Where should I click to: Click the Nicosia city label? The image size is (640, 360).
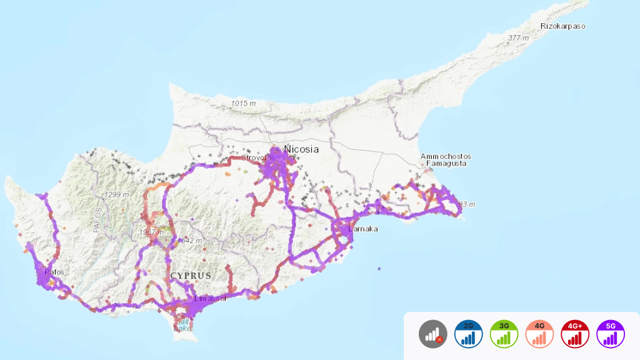click(301, 149)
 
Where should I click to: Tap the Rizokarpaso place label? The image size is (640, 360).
click(563, 26)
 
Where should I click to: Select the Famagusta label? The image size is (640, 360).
click(446, 164)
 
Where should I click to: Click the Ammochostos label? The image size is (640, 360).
click(446, 156)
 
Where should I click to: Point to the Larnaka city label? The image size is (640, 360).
click(363, 229)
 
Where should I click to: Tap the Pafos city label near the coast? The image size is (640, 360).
click(54, 272)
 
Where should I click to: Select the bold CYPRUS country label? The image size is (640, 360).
click(191, 276)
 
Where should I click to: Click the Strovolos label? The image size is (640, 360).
click(259, 157)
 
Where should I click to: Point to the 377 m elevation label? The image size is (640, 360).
click(519, 38)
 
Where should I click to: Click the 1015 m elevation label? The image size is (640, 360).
click(243, 103)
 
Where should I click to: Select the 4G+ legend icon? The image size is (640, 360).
click(576, 334)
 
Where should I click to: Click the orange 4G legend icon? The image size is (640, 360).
click(540, 334)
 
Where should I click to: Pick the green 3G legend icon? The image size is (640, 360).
click(504, 334)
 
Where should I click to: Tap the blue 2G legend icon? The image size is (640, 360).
click(469, 334)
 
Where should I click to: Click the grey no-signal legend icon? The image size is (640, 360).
click(433, 334)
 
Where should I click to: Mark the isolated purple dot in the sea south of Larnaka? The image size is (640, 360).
click(379, 269)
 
